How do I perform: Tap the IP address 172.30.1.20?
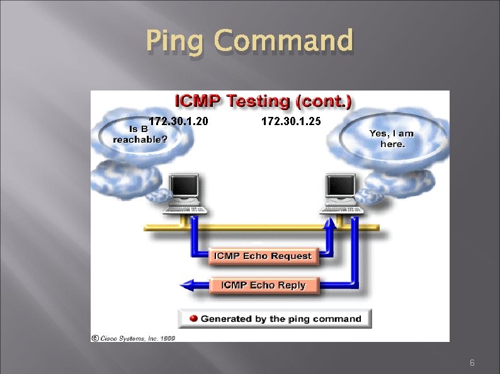[178, 122]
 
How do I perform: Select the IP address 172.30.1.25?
[291, 122]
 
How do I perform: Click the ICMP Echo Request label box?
[263, 256]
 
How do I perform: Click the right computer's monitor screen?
[341, 187]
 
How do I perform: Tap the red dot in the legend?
[195, 319]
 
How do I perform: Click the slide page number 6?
[472, 363]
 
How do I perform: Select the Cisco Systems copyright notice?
[134, 338]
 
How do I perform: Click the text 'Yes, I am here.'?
[392, 138]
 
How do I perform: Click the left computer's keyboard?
[185, 208]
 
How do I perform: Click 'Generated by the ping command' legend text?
[281, 319]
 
